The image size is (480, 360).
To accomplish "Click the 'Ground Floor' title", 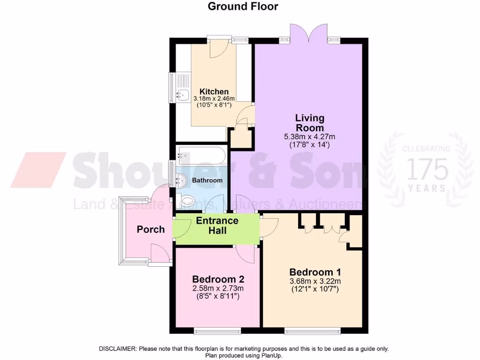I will [x=243, y=7].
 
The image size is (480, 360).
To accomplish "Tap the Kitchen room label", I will [x=214, y=91].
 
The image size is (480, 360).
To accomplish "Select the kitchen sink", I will [x=182, y=95].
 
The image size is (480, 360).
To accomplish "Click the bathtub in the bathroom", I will [x=201, y=155].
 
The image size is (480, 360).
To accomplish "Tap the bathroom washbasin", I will [x=182, y=179].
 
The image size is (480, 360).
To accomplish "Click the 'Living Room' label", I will [x=309, y=123].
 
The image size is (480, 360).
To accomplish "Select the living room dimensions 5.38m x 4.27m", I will [x=309, y=137].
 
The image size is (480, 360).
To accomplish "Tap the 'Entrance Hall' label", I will [x=217, y=225].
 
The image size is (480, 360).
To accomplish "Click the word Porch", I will [x=151, y=230].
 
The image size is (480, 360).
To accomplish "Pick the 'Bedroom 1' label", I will [x=315, y=272].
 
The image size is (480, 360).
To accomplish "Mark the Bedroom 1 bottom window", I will [x=312, y=331].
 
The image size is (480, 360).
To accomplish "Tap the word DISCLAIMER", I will [x=117, y=349].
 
